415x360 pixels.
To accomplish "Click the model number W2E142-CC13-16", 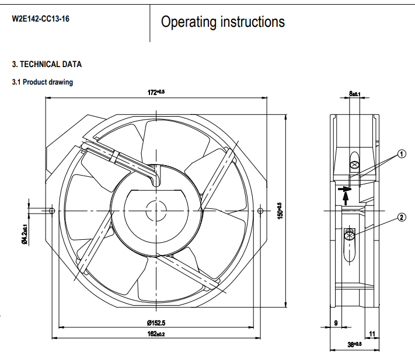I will click(x=40, y=18).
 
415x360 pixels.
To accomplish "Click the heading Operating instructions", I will click(x=223, y=22).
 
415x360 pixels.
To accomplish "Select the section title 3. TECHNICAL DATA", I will click(x=47, y=64).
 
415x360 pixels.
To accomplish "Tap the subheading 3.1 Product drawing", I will click(x=43, y=82).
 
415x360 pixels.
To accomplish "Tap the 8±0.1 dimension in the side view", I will click(x=355, y=93).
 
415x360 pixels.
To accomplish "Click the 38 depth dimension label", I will click(x=355, y=345).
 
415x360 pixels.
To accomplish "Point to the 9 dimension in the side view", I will click(x=336, y=322).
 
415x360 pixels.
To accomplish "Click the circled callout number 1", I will click(x=402, y=154).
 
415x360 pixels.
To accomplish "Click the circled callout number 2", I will click(x=402, y=218).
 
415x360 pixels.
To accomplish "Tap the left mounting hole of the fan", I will click(x=53, y=210).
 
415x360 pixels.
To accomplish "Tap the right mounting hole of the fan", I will click(x=260, y=210).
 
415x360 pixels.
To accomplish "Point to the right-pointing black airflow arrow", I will click(x=346, y=188).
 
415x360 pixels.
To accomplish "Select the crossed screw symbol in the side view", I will click(x=350, y=235).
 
